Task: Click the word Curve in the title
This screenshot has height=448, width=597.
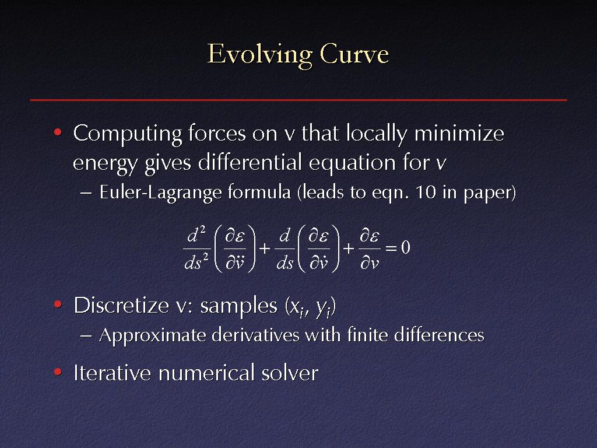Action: (354, 54)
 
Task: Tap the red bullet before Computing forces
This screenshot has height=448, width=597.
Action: (58, 132)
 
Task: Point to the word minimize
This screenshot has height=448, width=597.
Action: (459, 134)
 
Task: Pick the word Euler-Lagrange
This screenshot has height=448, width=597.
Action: (161, 192)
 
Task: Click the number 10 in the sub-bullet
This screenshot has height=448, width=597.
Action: (425, 192)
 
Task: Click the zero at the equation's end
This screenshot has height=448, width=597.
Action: (406, 247)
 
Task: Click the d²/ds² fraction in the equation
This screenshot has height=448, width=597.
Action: (196, 248)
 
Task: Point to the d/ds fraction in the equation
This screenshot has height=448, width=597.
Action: (285, 248)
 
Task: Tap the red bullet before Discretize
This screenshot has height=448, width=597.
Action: (58, 304)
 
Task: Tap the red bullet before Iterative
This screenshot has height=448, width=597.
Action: (58, 372)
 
